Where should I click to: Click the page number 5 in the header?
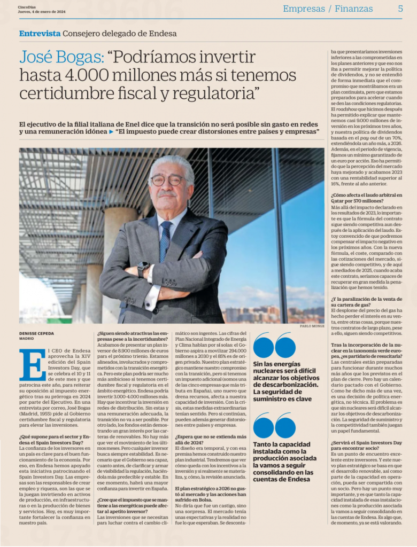[x=400, y=9]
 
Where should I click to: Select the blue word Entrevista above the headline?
[x=40, y=33]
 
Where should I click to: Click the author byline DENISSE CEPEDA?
[x=37, y=333]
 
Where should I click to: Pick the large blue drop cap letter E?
[x=32, y=364]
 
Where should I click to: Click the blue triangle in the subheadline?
[x=111, y=131]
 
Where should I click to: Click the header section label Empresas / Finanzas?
[x=328, y=9]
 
